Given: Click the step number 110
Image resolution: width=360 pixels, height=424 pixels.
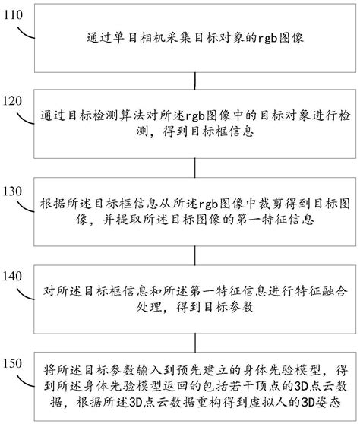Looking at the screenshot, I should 15,14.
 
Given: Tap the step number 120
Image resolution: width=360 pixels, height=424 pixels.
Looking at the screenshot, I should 15,100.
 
